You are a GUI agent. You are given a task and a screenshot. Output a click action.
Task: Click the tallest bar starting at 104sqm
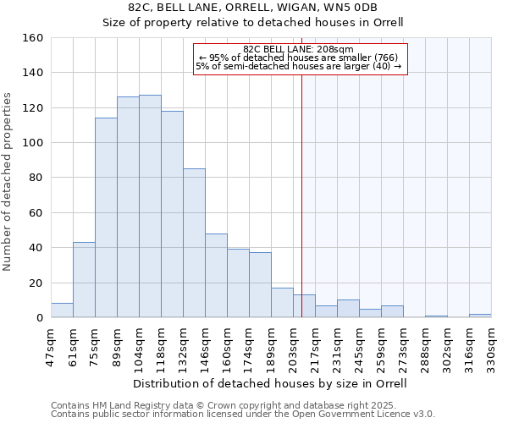(x=150, y=206)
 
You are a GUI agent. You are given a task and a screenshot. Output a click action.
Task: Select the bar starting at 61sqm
(x=84, y=280)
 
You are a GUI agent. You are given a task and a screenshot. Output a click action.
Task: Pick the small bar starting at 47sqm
(x=62, y=310)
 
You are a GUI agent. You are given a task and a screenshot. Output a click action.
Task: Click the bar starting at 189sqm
(x=282, y=303)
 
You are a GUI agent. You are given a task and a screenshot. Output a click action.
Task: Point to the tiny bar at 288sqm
(x=436, y=316)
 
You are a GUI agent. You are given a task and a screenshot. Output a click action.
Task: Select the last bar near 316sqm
(x=480, y=316)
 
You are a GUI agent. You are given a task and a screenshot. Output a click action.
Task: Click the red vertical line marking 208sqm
(x=301, y=211)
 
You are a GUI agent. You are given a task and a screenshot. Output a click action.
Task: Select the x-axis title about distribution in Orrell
(x=270, y=383)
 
